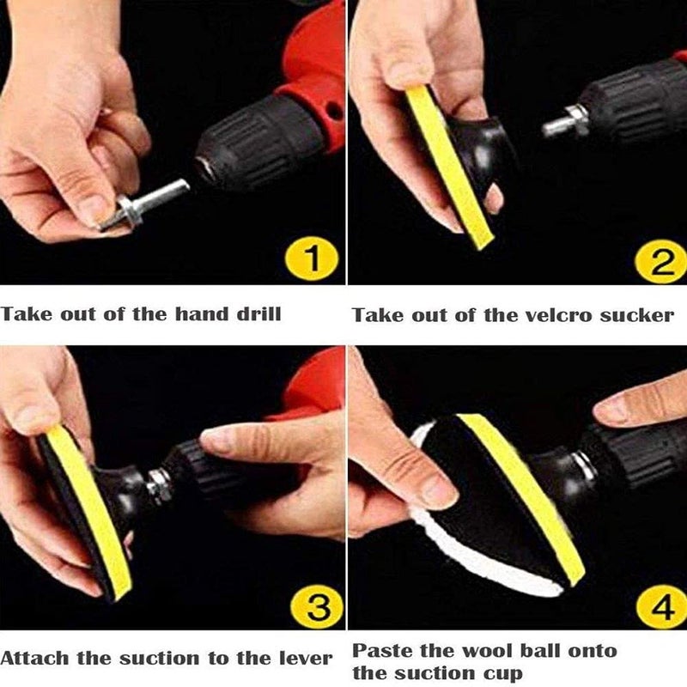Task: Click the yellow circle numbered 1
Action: coord(312,258)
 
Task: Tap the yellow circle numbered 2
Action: coord(661,261)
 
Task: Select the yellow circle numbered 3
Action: coord(317,606)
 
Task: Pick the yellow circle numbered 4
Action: coord(662,606)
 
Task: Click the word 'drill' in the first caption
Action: coord(258,313)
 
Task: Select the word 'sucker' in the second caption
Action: coord(636,315)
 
